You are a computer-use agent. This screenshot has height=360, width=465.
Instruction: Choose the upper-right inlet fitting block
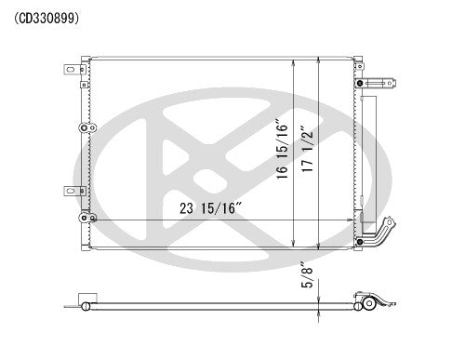[x=377, y=82]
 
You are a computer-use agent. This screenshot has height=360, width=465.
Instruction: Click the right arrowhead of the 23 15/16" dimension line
[x=353, y=220]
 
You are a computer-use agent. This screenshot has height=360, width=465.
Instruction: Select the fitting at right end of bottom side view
[x=368, y=303]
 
